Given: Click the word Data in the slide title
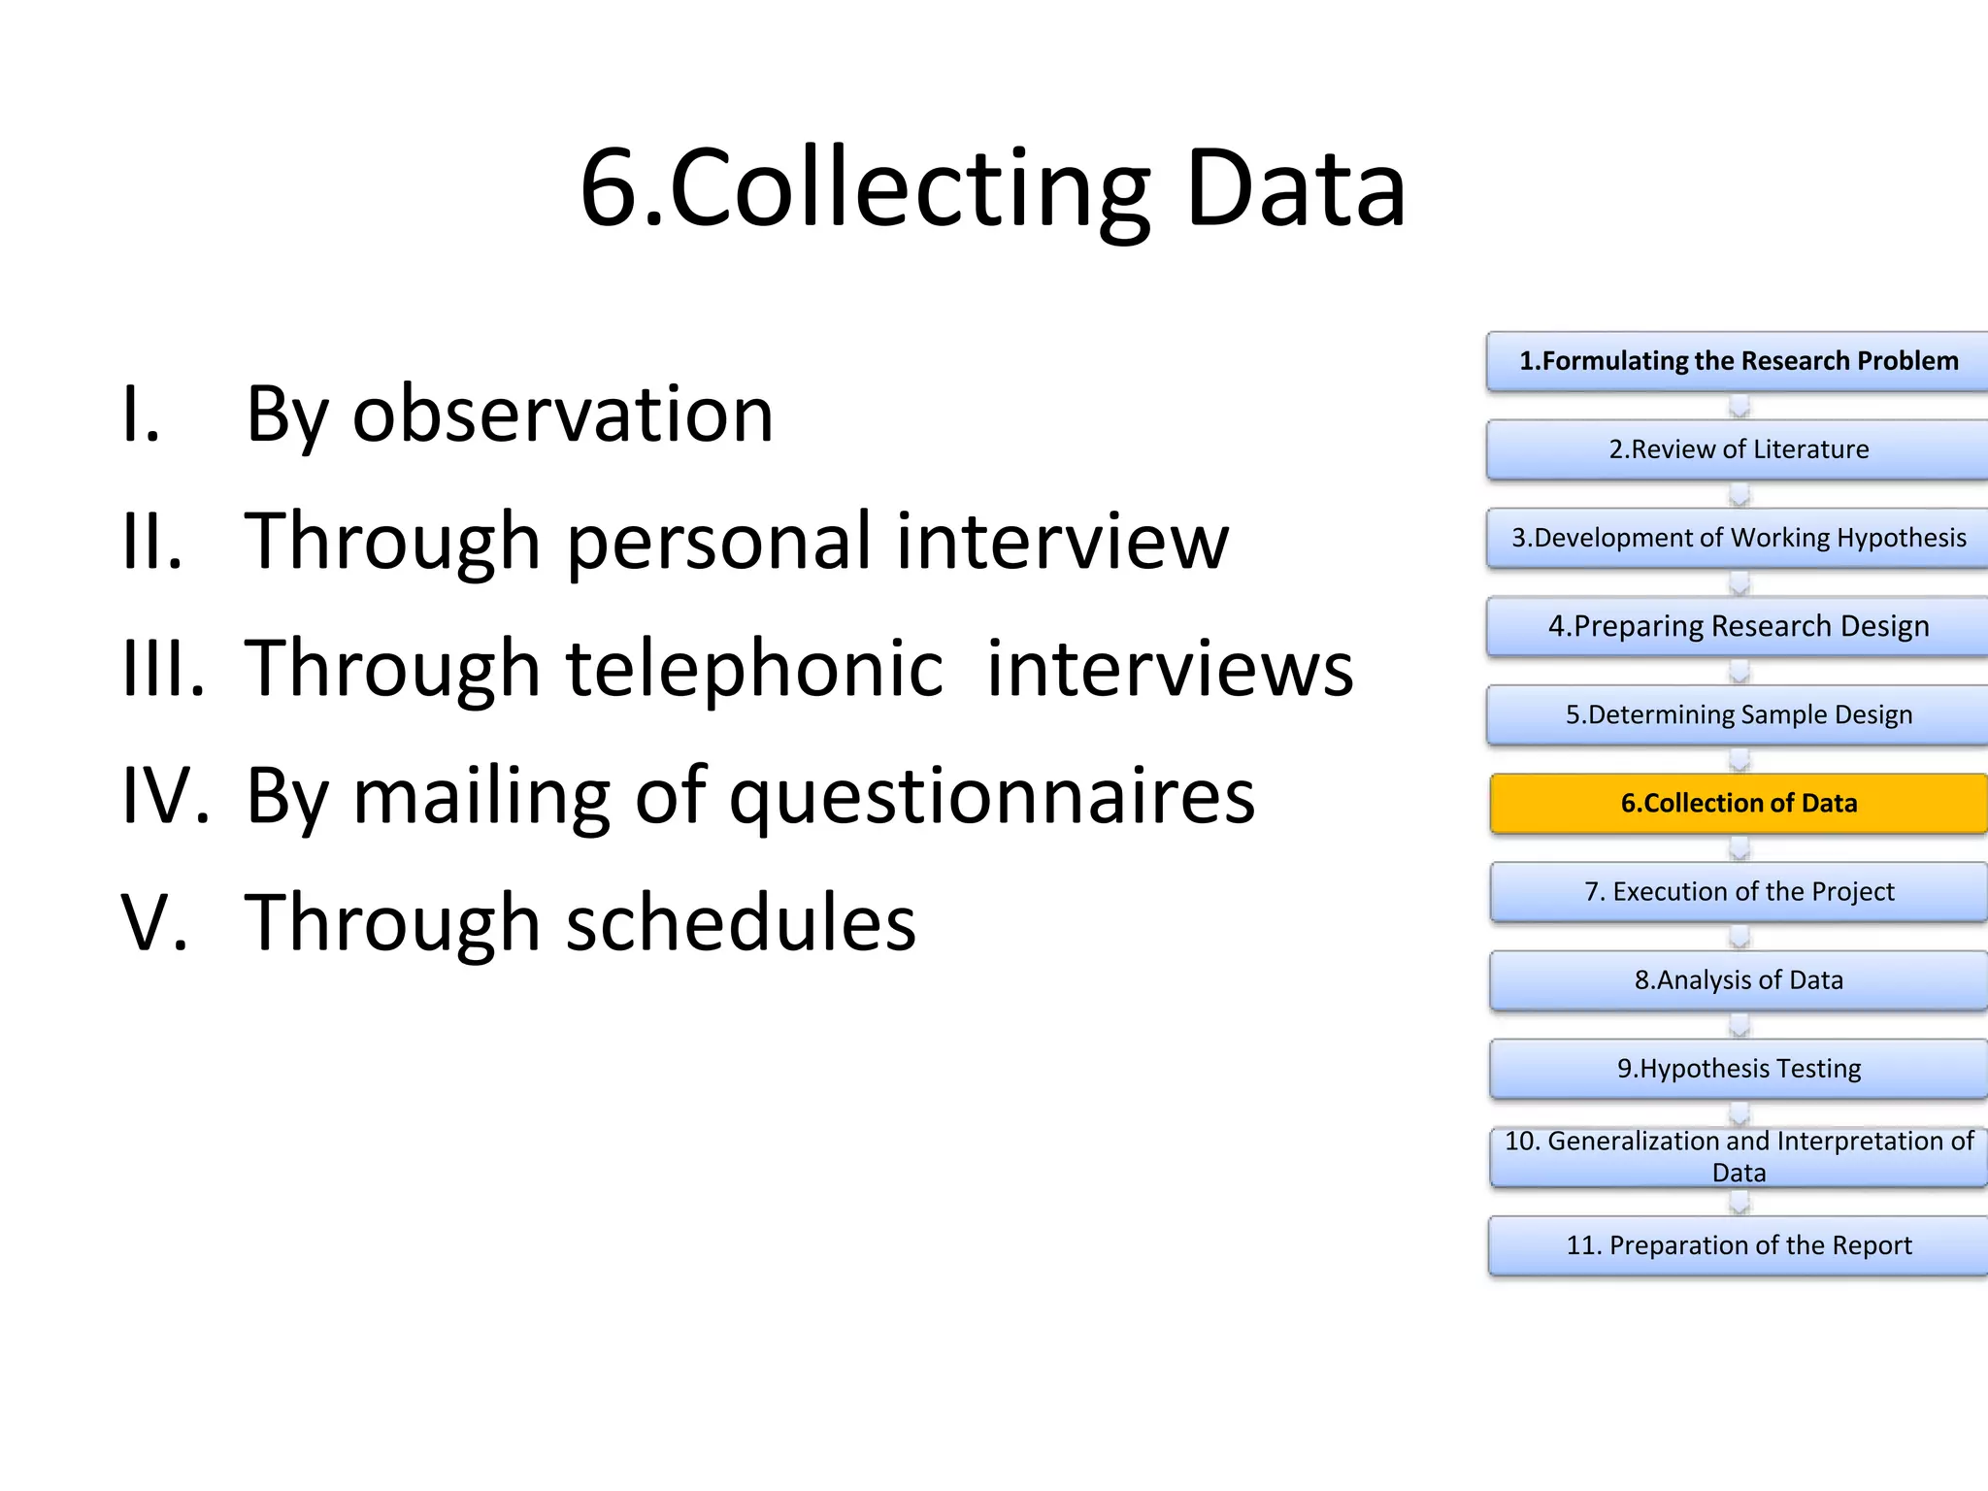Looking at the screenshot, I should [x=1295, y=189].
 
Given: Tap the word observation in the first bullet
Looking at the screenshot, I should [x=563, y=414].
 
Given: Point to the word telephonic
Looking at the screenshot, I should [x=755, y=669].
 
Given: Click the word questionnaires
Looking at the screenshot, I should [x=992, y=796].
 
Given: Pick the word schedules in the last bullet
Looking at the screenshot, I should [x=741, y=923].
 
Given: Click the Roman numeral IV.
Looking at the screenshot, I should [x=165, y=796].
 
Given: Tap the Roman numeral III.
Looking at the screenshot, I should [x=163, y=669].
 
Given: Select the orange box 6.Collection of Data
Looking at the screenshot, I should [x=1739, y=804].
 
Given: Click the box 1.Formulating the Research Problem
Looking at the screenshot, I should [x=1738, y=361].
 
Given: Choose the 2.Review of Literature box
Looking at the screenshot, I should [x=1738, y=449].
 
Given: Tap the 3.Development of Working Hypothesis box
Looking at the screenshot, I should [x=1738, y=538].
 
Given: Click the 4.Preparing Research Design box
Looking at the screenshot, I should [x=1738, y=626].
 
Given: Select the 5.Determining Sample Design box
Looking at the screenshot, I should [x=1738, y=715].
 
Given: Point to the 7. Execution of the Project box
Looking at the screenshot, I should [x=1739, y=892].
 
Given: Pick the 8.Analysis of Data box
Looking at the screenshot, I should [x=1739, y=980].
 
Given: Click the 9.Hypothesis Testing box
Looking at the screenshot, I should [x=1739, y=1069].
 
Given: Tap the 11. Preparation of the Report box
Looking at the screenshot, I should [x=1739, y=1245].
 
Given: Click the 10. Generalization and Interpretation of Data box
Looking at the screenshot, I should [x=1739, y=1157].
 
